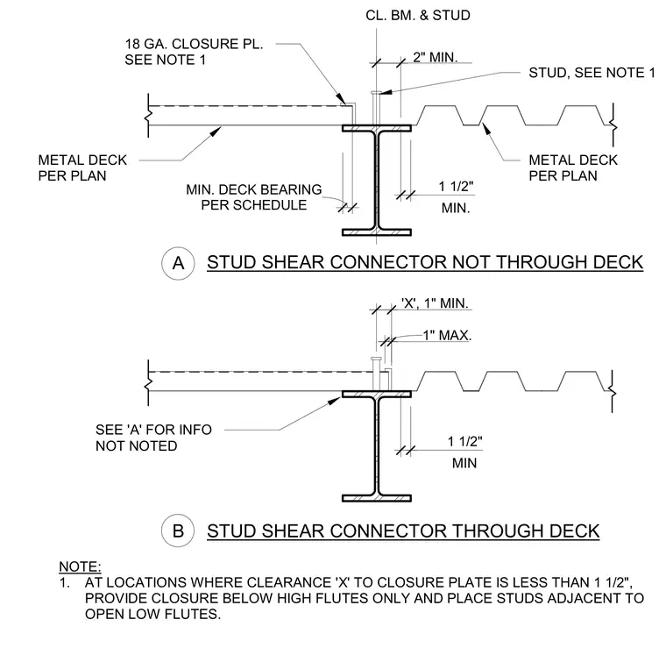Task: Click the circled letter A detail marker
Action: pos(178,263)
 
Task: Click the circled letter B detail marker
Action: pos(178,531)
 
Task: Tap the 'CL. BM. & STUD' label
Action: pos(418,15)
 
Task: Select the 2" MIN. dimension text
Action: pos(435,57)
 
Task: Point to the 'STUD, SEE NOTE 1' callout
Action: pos(592,73)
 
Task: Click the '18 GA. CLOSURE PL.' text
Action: pos(195,44)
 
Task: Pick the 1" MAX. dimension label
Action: pos(447,335)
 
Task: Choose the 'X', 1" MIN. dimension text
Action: pos(435,303)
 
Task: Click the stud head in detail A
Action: pos(376,92)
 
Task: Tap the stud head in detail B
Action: pos(376,359)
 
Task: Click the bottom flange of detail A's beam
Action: pos(377,232)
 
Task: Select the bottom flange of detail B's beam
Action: pos(377,498)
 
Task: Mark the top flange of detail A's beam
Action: pos(377,128)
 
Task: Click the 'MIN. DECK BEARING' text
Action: pos(254,189)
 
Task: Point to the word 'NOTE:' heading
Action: pos(80,566)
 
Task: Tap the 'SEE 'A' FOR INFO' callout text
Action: pos(153,430)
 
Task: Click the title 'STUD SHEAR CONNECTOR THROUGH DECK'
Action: pos(403,531)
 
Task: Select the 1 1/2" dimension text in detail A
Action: pos(456,187)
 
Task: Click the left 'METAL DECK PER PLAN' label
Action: pos(82,167)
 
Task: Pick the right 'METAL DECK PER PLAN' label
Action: pos(573,167)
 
